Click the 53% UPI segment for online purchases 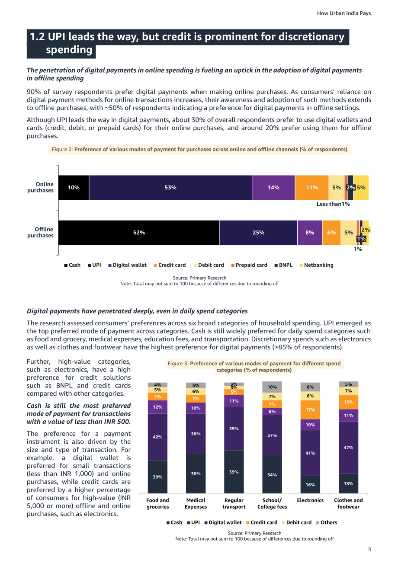(170, 188)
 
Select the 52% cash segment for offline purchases (139, 233)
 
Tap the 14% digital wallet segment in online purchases (273, 188)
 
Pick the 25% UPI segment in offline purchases (258, 233)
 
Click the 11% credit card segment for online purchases (312, 188)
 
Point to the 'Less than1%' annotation (333, 204)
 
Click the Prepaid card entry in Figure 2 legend (249, 265)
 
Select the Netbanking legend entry (317, 265)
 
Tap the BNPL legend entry (283, 265)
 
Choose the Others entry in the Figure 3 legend (327, 522)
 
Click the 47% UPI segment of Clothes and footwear (348, 448)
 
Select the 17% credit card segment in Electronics (310, 409)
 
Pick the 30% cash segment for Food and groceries (157, 477)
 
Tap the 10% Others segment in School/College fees (272, 387)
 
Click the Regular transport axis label (234, 503)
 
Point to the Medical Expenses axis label (196, 503)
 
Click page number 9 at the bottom (369, 549)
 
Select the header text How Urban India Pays (343, 13)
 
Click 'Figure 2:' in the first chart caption (62, 149)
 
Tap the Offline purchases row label (41, 232)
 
